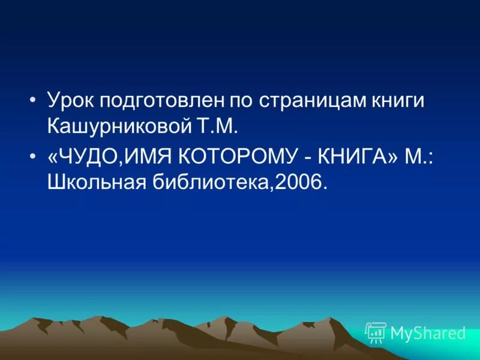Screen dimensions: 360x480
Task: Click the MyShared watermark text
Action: (x=427, y=333)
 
